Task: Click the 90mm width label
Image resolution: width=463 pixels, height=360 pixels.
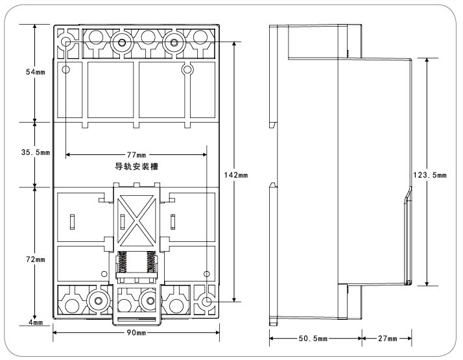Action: click(136, 333)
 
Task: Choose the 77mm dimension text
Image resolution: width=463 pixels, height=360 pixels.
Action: click(136, 155)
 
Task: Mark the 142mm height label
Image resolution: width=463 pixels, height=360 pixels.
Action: click(238, 175)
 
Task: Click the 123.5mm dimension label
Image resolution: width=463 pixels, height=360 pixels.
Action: click(429, 174)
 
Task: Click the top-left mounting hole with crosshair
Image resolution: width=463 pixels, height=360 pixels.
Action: click(67, 43)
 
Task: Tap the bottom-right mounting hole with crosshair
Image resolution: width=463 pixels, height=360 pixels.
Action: click(207, 302)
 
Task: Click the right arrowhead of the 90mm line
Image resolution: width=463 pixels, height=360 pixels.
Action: click(217, 333)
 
